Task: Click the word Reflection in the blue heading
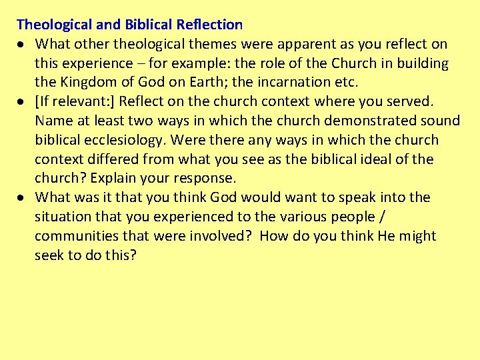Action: (x=210, y=25)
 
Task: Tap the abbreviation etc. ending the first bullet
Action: (x=347, y=83)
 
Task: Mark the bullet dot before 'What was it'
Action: (x=21, y=198)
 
